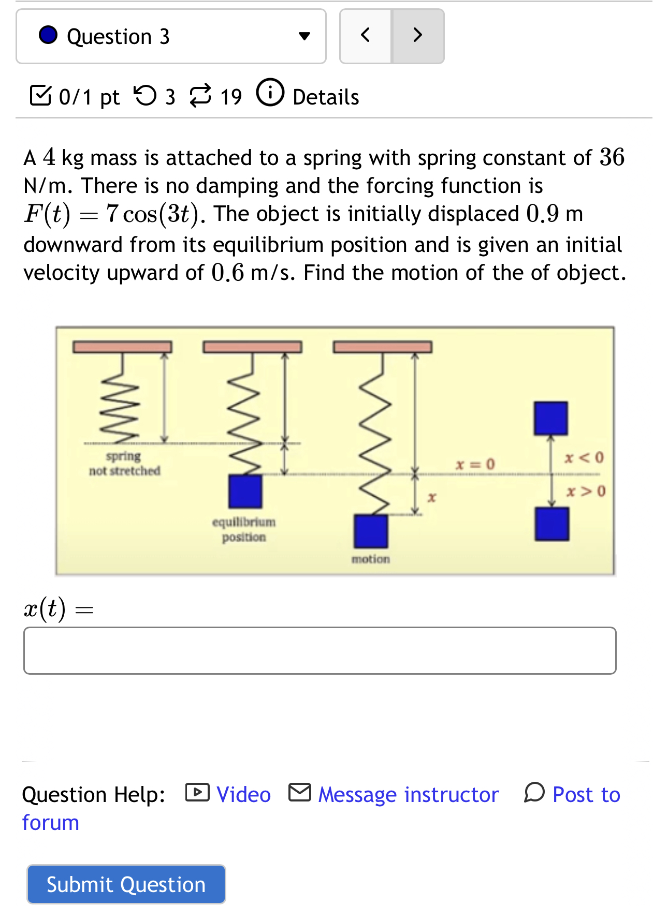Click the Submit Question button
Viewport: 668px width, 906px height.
pyautogui.click(x=126, y=884)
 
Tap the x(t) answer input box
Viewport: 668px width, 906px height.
pyautogui.click(x=320, y=650)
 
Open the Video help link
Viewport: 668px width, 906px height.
pyautogui.click(x=243, y=794)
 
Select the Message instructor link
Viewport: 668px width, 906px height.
pyautogui.click(x=408, y=794)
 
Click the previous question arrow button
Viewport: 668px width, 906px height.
pyautogui.click(x=366, y=36)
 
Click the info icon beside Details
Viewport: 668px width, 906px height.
pyautogui.click(x=270, y=93)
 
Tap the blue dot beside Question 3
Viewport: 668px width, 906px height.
pyautogui.click(x=48, y=35)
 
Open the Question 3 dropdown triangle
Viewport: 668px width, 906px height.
pyautogui.click(x=304, y=36)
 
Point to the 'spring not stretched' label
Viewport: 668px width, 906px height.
pyautogui.click(x=124, y=464)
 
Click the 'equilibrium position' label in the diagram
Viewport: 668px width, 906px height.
pyautogui.click(x=244, y=529)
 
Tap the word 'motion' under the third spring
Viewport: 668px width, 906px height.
pyautogui.click(x=371, y=559)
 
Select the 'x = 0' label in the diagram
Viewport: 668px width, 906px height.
pyautogui.click(x=475, y=464)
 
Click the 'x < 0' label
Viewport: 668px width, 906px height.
pyautogui.click(x=584, y=457)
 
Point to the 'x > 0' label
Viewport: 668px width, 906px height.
pyautogui.click(x=586, y=491)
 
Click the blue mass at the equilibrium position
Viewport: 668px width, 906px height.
pyautogui.click(x=245, y=492)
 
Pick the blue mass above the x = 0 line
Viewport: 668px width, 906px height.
pyautogui.click(x=551, y=418)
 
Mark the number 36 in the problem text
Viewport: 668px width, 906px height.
pyautogui.click(x=612, y=157)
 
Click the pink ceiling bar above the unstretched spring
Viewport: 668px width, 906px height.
pyautogui.click(x=122, y=347)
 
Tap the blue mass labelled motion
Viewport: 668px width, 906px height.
pyautogui.click(x=371, y=531)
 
